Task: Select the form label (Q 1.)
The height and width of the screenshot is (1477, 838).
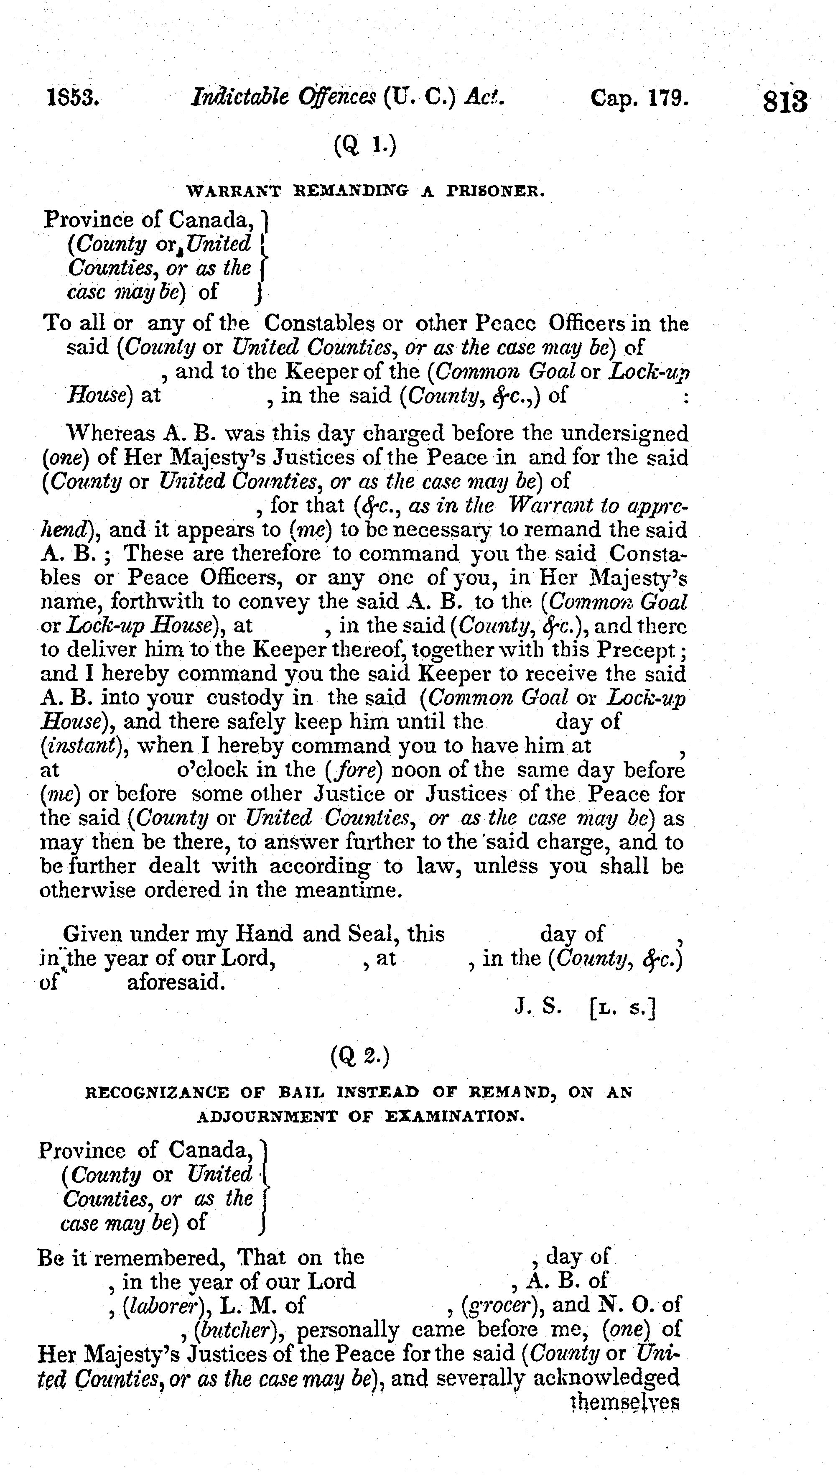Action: pyautogui.click(x=365, y=145)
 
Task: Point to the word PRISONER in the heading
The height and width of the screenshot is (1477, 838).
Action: pyautogui.click(x=496, y=191)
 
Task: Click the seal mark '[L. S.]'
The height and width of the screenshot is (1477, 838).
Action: pyautogui.click(x=623, y=1008)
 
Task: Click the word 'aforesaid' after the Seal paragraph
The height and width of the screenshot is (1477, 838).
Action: pyautogui.click(x=176, y=982)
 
